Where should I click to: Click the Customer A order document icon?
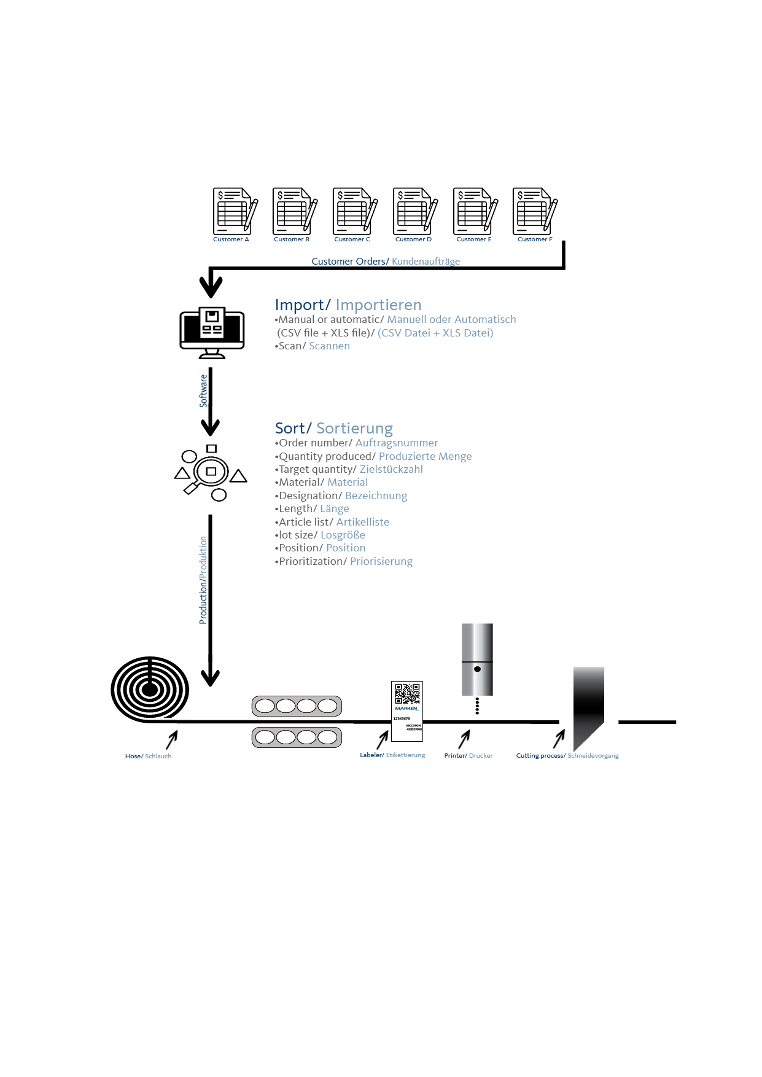(x=233, y=211)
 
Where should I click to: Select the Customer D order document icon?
(x=414, y=211)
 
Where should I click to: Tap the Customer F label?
(x=535, y=239)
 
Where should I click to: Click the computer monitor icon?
(x=212, y=330)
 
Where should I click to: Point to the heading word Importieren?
(x=378, y=305)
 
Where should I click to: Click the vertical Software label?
(x=204, y=391)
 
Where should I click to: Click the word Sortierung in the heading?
(x=354, y=429)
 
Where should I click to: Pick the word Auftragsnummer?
(x=397, y=443)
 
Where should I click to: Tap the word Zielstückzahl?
(x=391, y=470)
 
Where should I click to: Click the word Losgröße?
(x=343, y=535)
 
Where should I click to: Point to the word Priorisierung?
(x=381, y=562)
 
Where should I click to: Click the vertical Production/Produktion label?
(x=203, y=580)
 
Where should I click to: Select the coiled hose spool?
(x=150, y=689)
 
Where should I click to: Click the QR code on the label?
(x=406, y=694)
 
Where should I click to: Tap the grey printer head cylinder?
(x=477, y=659)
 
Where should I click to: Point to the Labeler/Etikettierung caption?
(x=392, y=755)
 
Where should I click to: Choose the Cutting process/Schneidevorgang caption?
(x=567, y=756)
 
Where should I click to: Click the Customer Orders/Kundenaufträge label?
(x=386, y=262)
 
